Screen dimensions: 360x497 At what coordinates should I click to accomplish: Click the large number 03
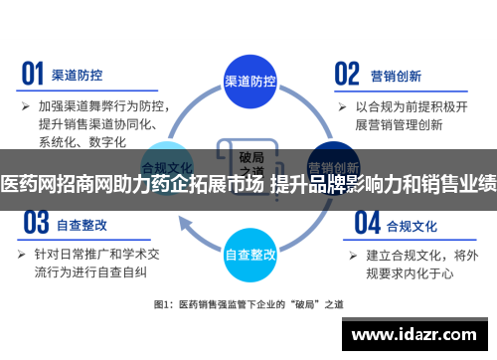[35, 221]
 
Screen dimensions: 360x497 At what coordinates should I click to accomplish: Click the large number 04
[367, 221]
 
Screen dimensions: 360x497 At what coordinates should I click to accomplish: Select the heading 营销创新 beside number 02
[397, 74]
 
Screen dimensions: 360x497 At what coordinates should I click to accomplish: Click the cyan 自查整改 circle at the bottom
[250, 254]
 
